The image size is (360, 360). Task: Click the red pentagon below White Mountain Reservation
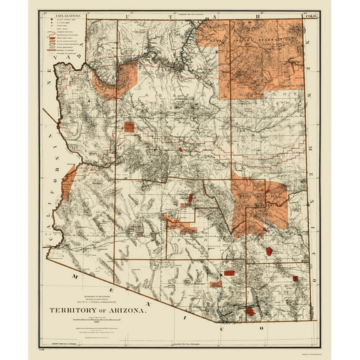coord(269,251)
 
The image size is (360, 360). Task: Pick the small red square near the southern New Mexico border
coord(295,278)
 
